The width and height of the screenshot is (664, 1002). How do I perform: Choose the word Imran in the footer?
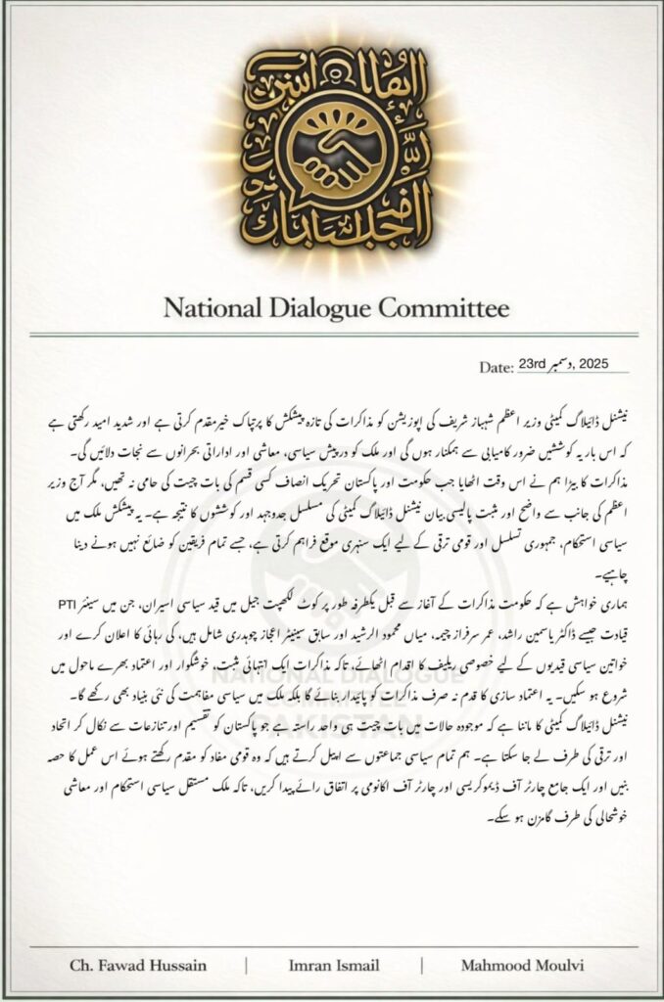(x=310, y=966)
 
